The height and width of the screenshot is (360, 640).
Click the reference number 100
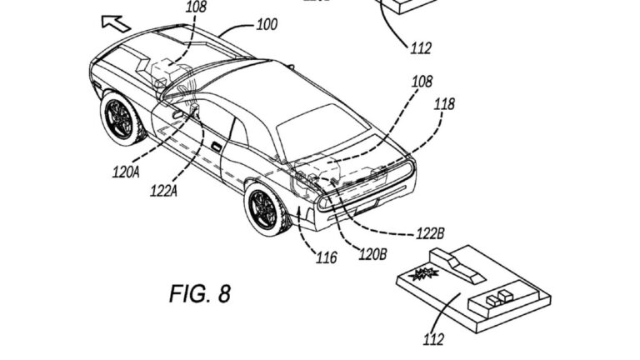pos(267,24)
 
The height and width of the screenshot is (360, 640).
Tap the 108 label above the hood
pos(196,6)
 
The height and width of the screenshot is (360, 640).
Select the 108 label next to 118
pos(421,82)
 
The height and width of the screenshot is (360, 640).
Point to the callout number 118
pos(443,104)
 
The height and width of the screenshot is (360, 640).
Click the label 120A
pos(126,172)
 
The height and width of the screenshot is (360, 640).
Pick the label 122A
pos(163,191)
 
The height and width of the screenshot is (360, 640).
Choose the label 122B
pos(430,234)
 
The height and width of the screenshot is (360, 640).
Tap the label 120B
pos(372,254)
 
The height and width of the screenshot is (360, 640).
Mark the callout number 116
pos(327,257)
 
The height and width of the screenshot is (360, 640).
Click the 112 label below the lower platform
pos(433,339)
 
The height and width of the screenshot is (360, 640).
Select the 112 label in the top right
pos(421,48)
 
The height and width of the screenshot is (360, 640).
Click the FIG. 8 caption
pos(200,293)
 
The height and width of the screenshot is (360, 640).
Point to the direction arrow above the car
pos(116,22)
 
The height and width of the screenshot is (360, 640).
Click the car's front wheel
pos(121,118)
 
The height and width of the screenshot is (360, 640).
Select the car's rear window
pos(322,132)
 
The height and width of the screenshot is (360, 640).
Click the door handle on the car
pos(216,147)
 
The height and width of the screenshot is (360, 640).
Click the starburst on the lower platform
pos(423,274)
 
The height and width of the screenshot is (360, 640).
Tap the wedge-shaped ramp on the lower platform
pos(457,266)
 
